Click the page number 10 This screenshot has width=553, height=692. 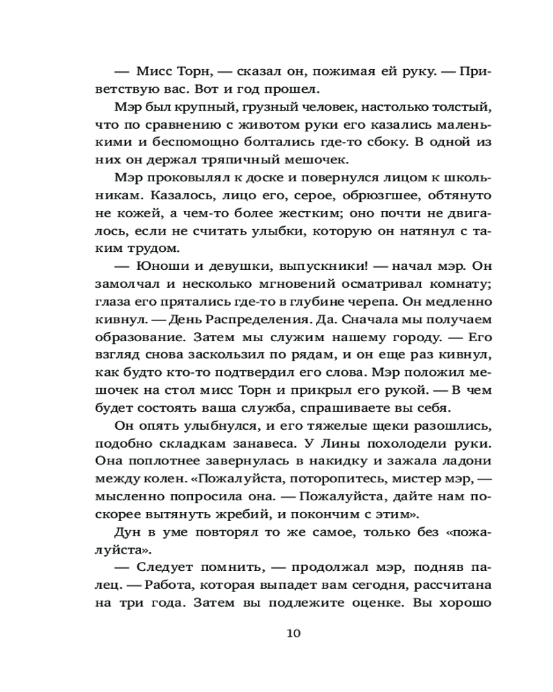(292, 632)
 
